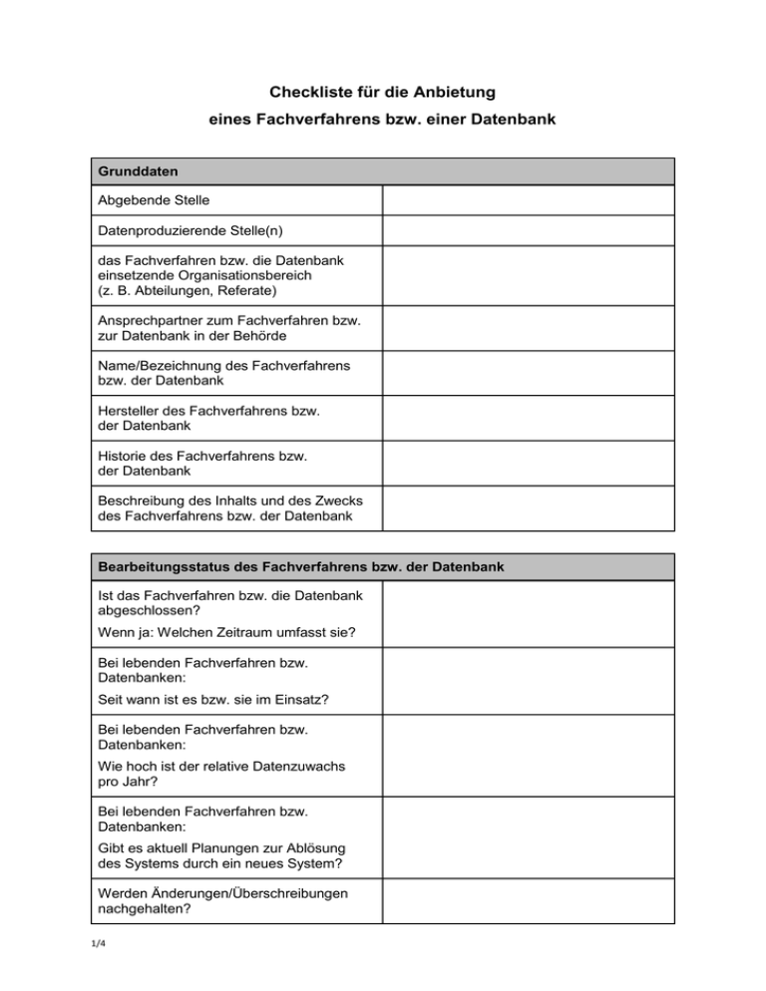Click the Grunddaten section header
pos(139,171)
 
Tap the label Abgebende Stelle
pos(154,200)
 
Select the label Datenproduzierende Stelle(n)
pos(191,231)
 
